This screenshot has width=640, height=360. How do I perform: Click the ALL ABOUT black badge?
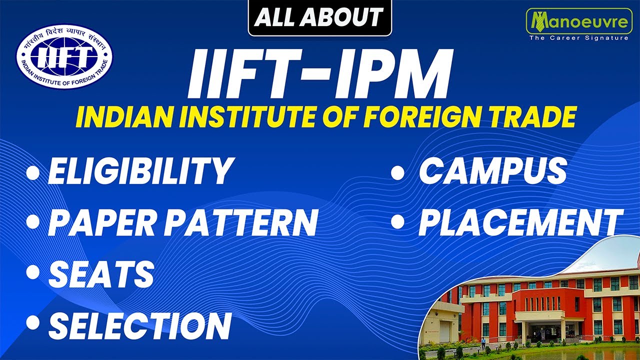click(x=320, y=18)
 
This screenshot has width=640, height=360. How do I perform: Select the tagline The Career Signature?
click(x=578, y=38)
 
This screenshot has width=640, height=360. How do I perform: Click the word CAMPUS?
click(x=492, y=170)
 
